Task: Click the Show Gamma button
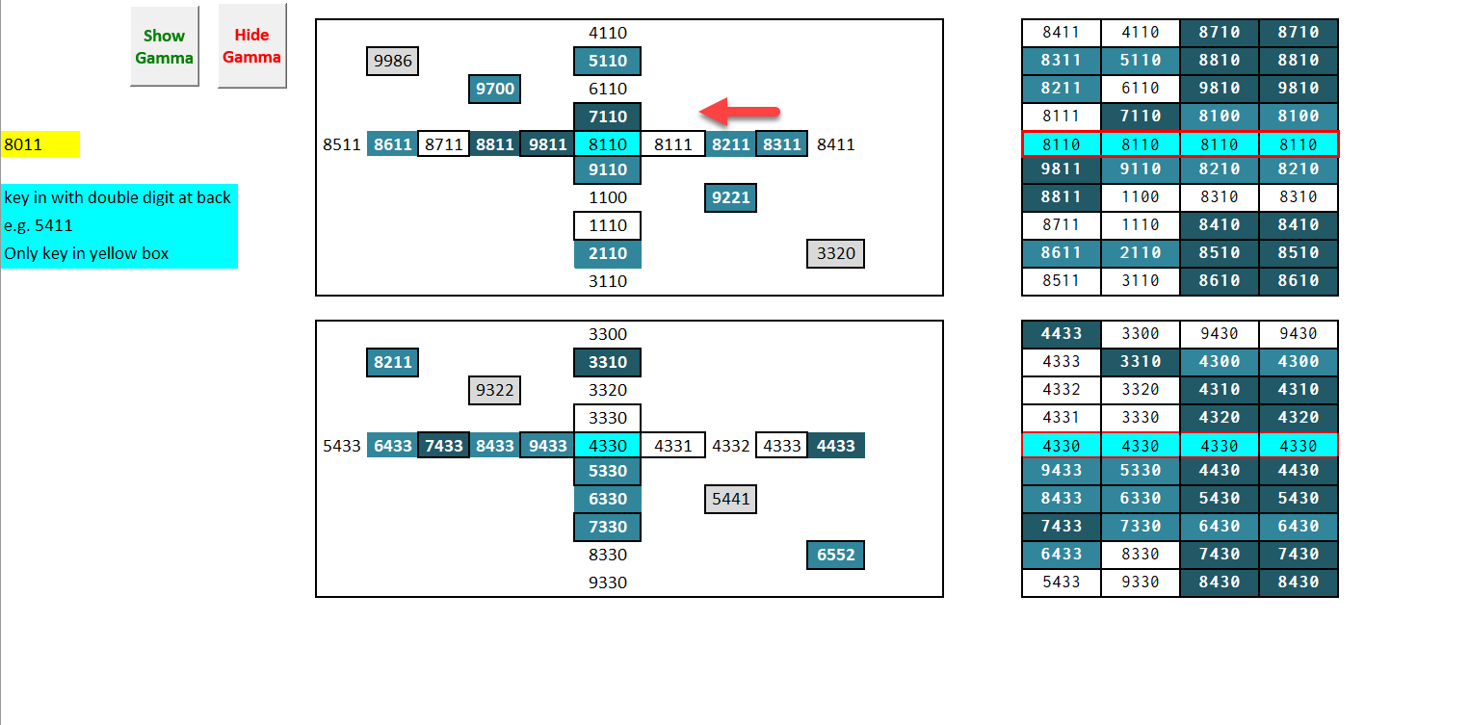[164, 46]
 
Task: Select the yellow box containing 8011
[40, 145]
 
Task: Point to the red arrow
[739, 111]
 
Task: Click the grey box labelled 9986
[392, 62]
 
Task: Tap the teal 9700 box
[495, 90]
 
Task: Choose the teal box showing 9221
[729, 198]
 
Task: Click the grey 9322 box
[495, 391]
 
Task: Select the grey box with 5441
[729, 500]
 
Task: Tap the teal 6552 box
[835, 556]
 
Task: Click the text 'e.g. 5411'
[39, 226]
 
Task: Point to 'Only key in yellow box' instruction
[87, 254]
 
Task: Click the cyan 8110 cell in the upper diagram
[607, 145]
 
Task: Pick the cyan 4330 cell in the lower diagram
[607, 446]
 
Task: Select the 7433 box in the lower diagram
[443, 446]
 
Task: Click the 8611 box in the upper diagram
[392, 145]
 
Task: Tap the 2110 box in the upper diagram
[607, 254]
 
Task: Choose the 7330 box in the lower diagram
[607, 528]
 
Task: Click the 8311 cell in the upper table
[1061, 61]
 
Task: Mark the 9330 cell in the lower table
[1140, 583]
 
